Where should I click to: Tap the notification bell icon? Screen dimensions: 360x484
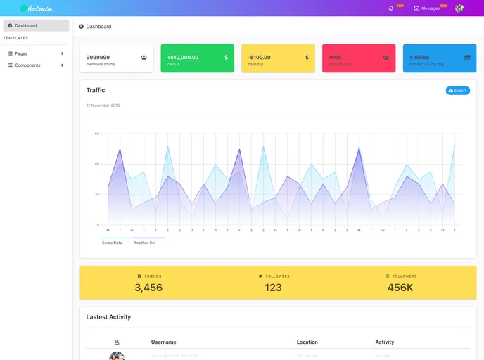tap(391, 8)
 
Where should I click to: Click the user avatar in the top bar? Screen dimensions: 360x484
tap(459, 8)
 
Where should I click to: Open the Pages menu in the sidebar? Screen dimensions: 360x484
tap(21, 53)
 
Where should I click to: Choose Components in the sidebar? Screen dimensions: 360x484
tap(27, 65)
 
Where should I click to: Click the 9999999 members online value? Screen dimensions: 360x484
tap(98, 57)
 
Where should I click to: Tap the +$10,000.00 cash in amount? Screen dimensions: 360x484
tap(183, 57)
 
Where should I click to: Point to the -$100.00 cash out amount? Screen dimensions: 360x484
tap(259, 57)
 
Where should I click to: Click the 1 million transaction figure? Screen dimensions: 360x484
tap(419, 57)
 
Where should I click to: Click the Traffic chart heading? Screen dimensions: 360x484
tap(96, 90)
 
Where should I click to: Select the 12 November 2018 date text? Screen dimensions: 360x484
tap(103, 105)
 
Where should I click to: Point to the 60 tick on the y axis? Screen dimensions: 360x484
tap(97, 134)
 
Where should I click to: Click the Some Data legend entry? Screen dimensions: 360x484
tap(112, 243)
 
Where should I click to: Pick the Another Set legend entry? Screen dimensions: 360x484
tap(145, 243)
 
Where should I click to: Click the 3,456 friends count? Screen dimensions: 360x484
tap(148, 288)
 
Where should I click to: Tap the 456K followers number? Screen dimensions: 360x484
tap(400, 288)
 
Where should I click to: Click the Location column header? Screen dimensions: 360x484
tap(307, 342)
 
